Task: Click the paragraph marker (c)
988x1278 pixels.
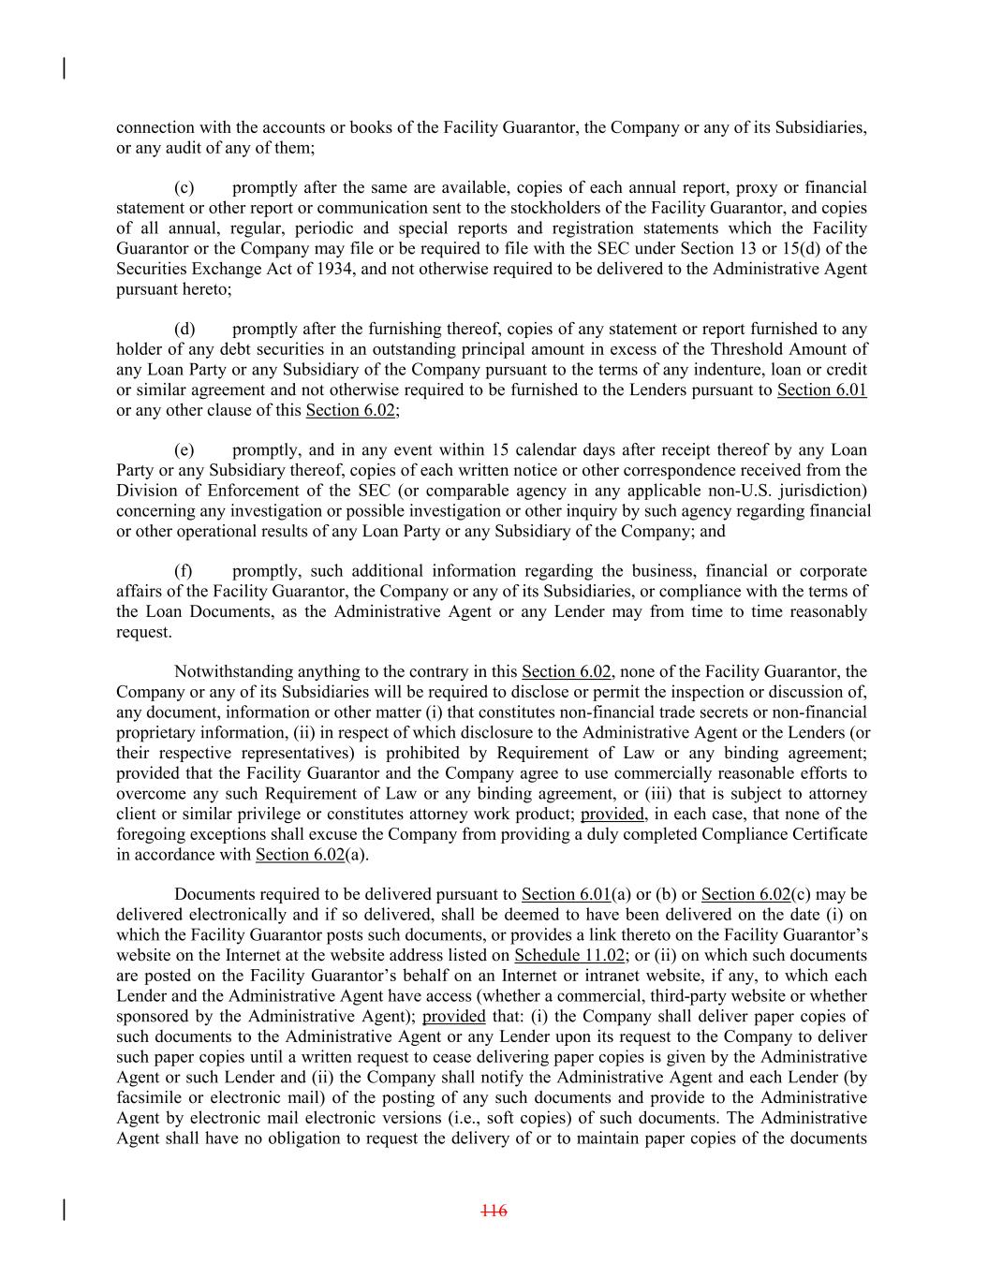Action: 184,187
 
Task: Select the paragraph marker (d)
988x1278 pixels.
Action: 184,329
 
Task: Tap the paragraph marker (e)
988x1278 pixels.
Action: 184,449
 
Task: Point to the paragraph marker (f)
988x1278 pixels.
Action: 184,570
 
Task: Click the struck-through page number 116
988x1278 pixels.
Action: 494,1211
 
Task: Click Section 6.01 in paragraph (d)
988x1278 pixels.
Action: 821,389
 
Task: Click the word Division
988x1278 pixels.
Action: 146,490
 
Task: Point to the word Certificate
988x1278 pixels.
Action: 823,833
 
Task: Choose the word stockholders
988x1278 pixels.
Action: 545,208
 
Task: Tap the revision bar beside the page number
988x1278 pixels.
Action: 64,1210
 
